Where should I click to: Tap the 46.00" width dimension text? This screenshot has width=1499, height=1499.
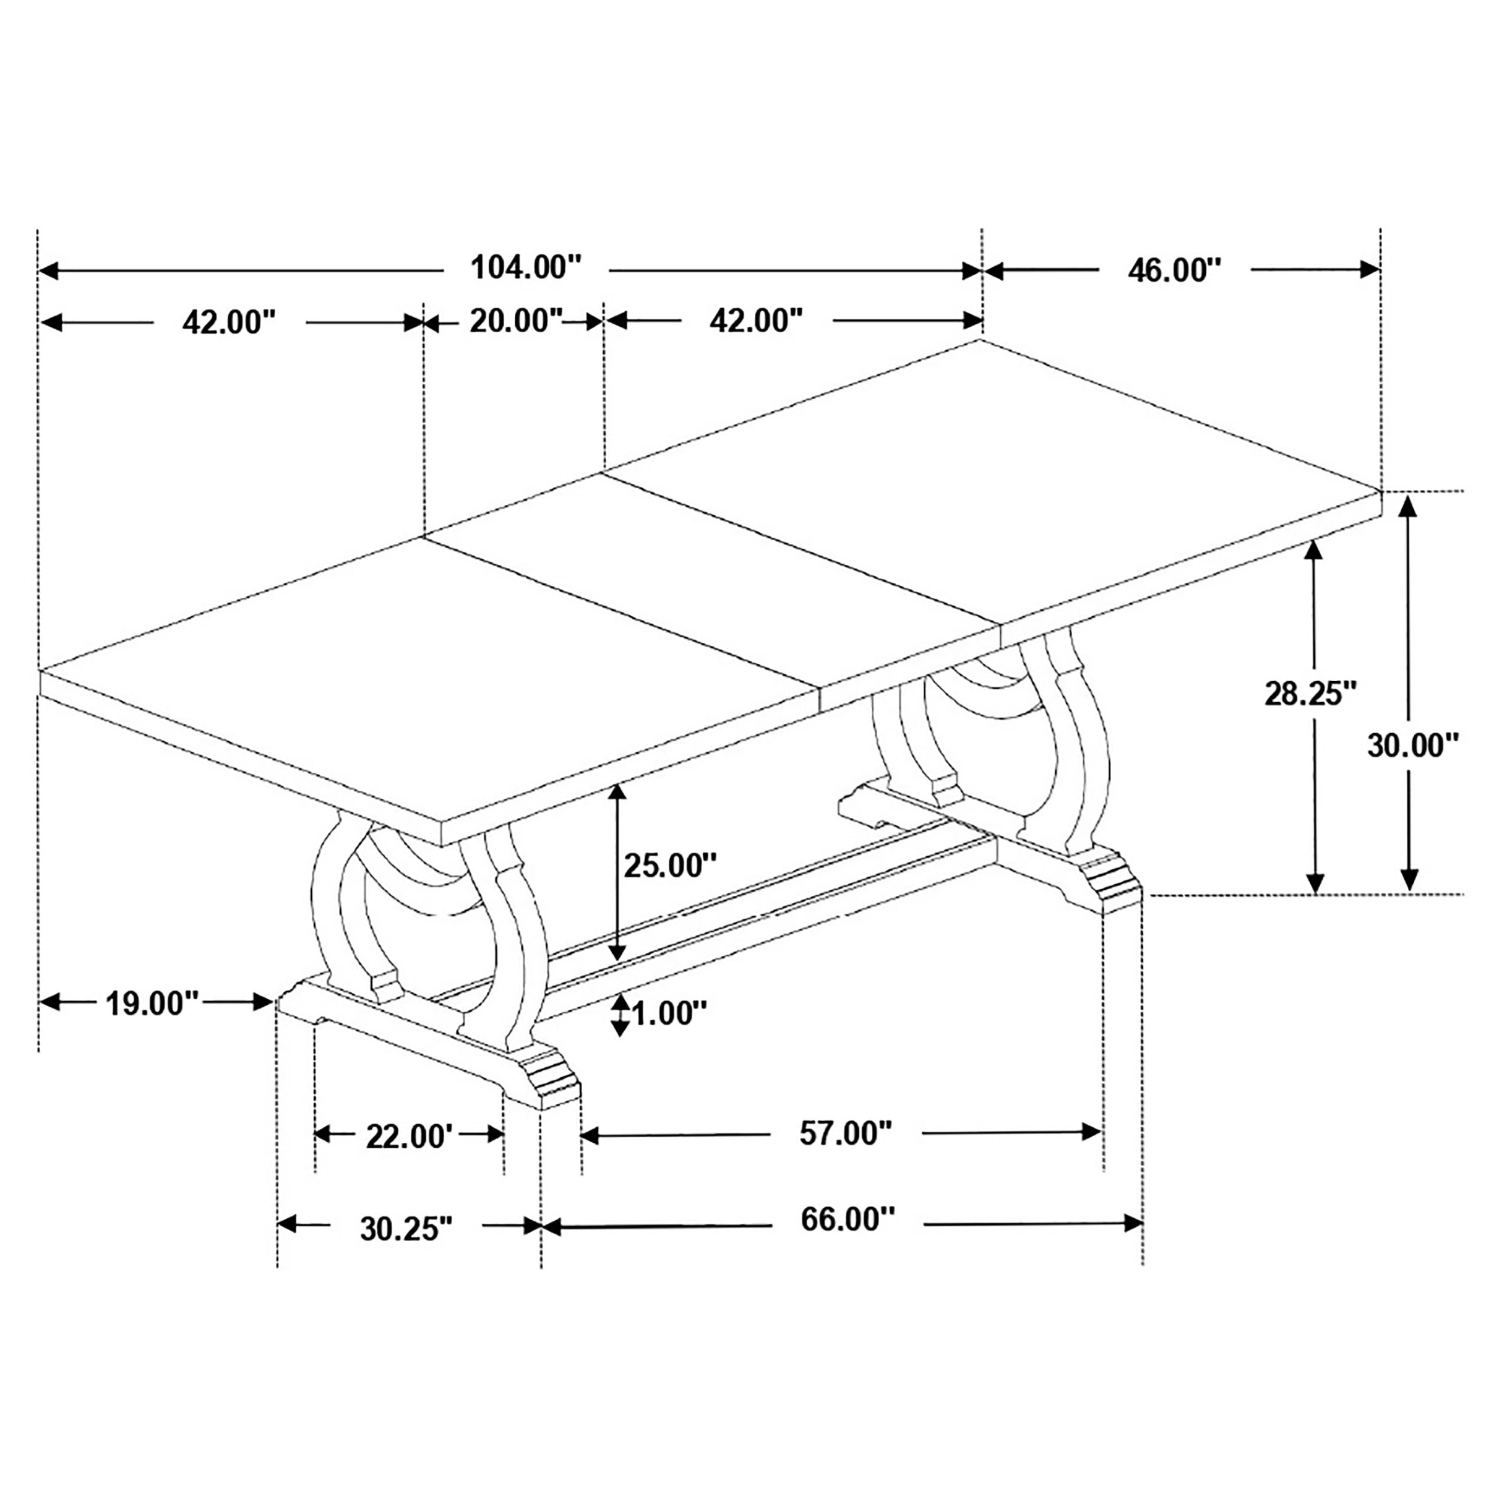point(1174,271)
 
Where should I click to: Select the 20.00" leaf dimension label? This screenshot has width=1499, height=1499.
point(515,320)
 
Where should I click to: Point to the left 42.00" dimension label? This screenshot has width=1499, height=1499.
point(229,322)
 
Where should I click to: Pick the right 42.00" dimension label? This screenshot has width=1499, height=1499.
point(755,320)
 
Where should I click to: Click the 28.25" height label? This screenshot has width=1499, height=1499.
point(1311,694)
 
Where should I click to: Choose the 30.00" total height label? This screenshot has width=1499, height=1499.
point(1413,746)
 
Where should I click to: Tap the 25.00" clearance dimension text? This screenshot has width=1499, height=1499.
point(670,865)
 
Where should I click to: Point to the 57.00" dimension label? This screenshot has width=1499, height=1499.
point(845,1134)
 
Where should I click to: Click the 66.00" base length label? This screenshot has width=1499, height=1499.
point(847,1220)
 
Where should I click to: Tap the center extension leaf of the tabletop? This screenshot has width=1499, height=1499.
point(714,589)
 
